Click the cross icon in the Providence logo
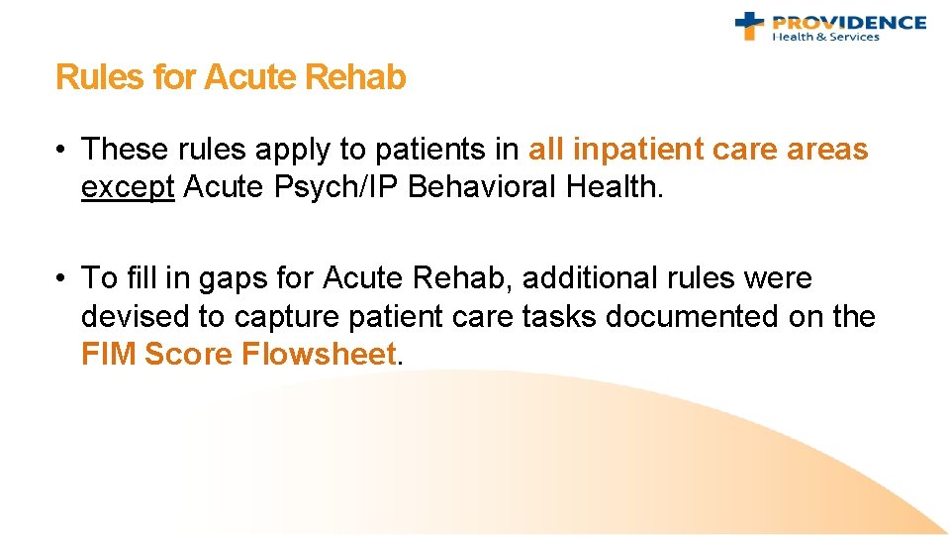click(x=751, y=26)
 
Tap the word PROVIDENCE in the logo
click(x=849, y=22)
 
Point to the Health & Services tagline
click(x=825, y=38)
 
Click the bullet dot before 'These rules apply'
click(x=62, y=150)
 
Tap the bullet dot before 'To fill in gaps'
click(x=62, y=278)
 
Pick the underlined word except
click(x=128, y=187)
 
